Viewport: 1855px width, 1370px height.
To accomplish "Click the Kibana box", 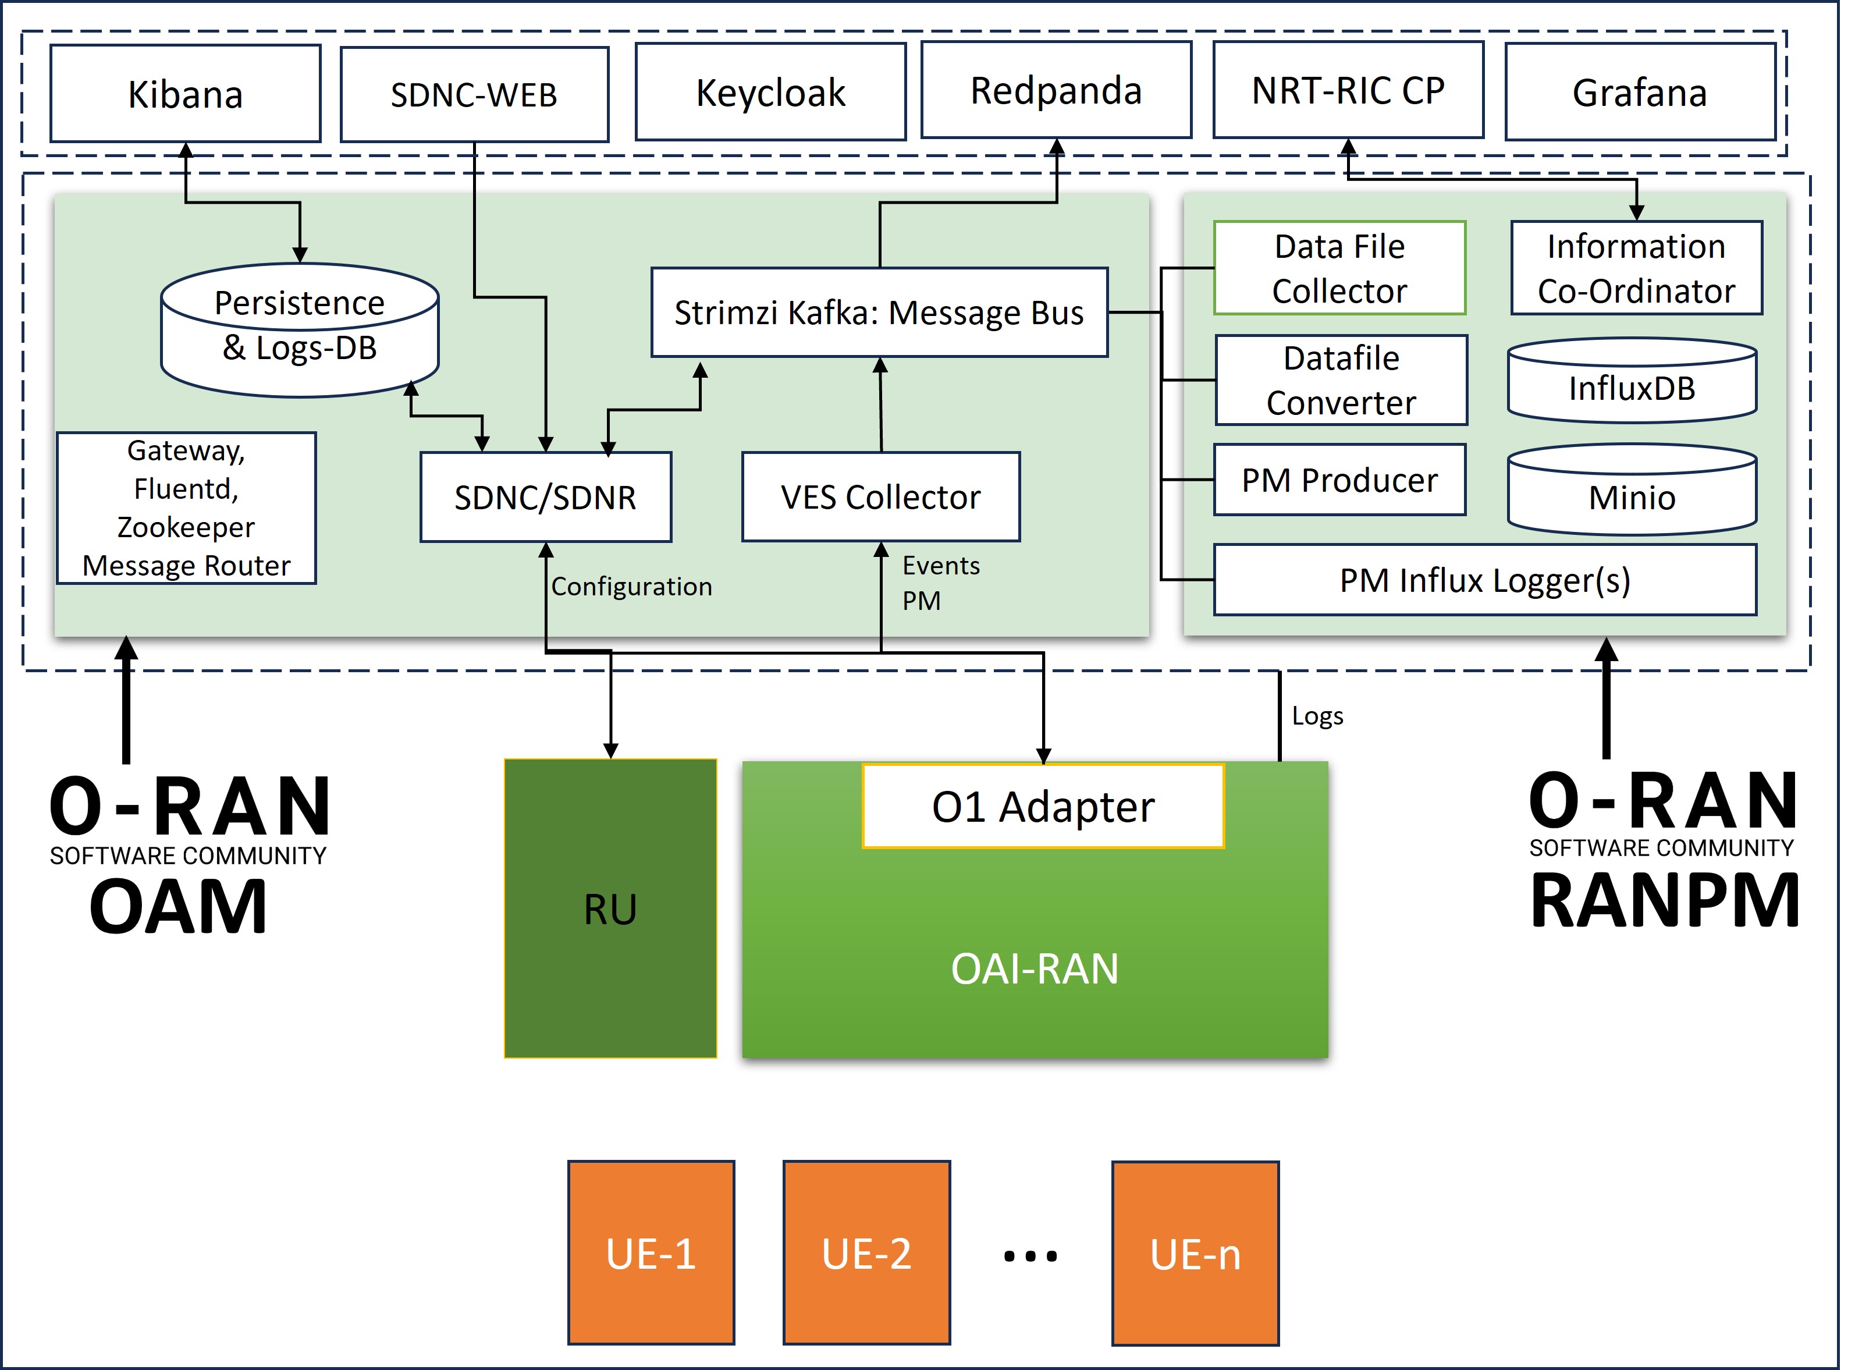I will point(185,94).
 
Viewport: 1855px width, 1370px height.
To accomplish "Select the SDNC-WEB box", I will point(474,94).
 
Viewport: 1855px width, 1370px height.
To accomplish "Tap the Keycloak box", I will point(770,92).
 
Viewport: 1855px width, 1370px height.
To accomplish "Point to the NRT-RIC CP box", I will point(1348,90).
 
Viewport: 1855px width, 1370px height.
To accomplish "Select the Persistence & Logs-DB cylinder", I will point(299,330).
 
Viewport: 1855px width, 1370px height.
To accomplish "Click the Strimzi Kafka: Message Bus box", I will point(879,313).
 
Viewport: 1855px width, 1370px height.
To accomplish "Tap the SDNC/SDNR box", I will point(546,497).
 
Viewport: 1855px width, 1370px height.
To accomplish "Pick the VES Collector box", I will point(880,497).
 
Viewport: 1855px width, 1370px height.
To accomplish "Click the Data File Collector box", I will point(1339,268).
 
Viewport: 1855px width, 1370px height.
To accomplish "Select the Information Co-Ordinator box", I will point(1636,268).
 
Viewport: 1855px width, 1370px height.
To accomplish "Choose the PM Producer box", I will point(1339,480).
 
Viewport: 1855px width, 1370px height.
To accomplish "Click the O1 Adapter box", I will point(1043,806).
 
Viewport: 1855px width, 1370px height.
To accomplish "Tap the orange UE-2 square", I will point(866,1252).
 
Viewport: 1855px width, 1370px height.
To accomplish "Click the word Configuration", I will point(631,586).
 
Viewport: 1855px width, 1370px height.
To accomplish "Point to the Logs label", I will point(1317,716).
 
